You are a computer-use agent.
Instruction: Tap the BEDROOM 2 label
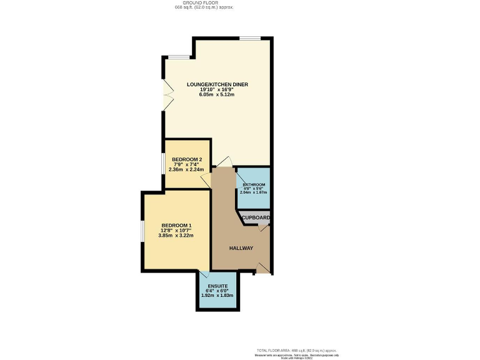pyautogui.click(x=186, y=159)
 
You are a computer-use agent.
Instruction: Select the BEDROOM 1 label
pyautogui.click(x=176, y=225)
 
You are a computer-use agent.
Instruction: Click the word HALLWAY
pyautogui.click(x=241, y=248)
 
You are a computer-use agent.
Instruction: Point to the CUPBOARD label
pyautogui.click(x=256, y=217)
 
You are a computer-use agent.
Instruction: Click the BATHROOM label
pyautogui.click(x=254, y=185)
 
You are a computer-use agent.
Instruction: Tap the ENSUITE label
pyautogui.click(x=217, y=286)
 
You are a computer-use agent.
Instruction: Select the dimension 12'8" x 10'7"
pyautogui.click(x=176, y=231)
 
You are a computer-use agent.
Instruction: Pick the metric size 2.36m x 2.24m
pyautogui.click(x=186, y=169)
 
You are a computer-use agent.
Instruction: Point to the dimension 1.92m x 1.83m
pyautogui.click(x=217, y=296)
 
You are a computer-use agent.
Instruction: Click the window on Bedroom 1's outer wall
pyautogui.click(x=143, y=231)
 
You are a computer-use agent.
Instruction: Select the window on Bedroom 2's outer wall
pyautogui.click(x=164, y=163)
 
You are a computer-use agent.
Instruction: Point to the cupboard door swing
pyautogui.click(x=264, y=228)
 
